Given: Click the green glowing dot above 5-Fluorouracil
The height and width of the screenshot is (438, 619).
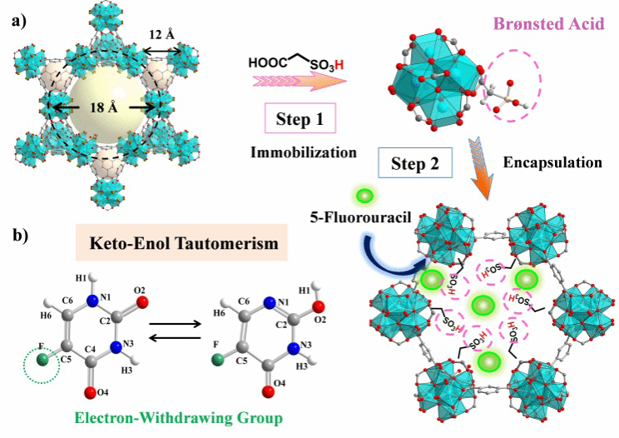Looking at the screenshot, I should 364,198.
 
